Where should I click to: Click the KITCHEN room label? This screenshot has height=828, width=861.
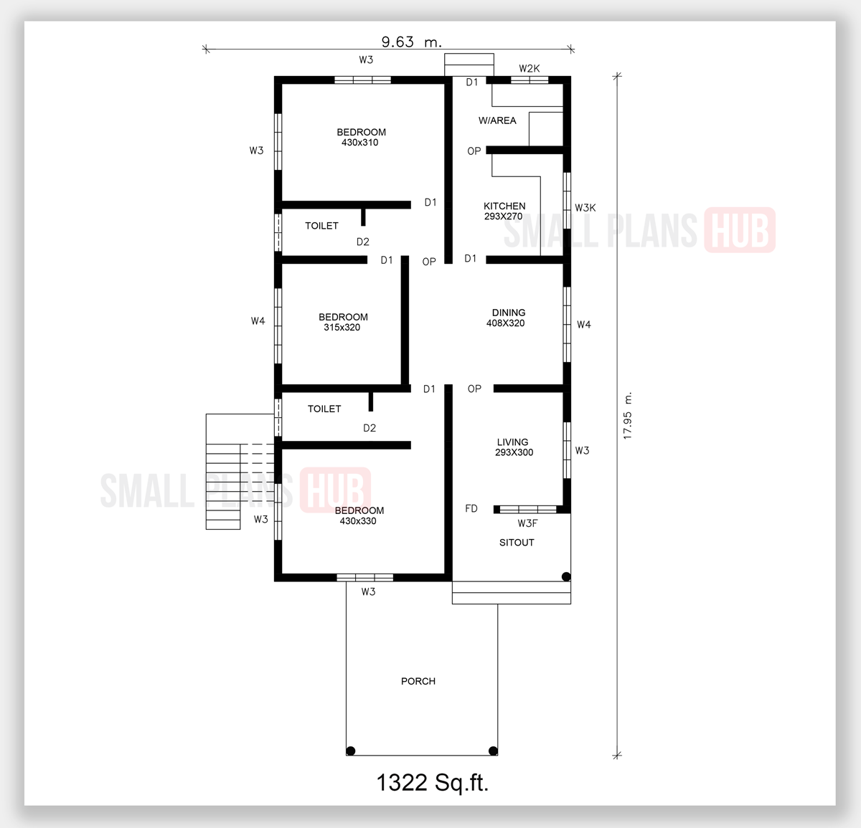(x=504, y=206)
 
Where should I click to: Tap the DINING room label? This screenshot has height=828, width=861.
(x=509, y=313)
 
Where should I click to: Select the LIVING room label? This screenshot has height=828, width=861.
(x=512, y=442)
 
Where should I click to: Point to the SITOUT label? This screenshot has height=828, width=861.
(x=517, y=543)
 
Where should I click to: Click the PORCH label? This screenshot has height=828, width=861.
(x=418, y=681)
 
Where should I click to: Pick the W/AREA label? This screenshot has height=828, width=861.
(x=497, y=120)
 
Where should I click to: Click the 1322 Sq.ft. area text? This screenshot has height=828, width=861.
(x=433, y=782)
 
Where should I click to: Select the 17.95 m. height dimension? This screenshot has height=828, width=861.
(x=628, y=416)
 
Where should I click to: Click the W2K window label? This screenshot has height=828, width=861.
(x=530, y=69)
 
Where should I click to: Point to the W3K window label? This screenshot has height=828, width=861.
(x=585, y=208)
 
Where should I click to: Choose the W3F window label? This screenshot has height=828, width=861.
(x=527, y=523)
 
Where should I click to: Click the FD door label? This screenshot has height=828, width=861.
(x=471, y=509)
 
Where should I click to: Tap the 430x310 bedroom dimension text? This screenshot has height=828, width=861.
(x=360, y=143)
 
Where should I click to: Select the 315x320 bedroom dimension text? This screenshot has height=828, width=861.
(x=342, y=328)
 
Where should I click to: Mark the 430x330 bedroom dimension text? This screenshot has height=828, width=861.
(x=358, y=521)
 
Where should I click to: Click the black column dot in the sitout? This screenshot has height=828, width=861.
(x=566, y=576)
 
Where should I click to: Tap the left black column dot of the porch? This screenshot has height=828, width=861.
(x=351, y=751)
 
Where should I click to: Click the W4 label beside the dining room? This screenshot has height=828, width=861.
(x=584, y=325)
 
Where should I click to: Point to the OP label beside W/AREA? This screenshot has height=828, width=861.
(x=474, y=151)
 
